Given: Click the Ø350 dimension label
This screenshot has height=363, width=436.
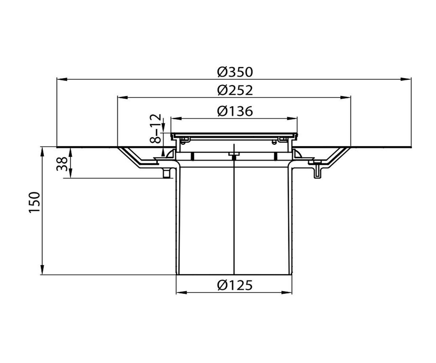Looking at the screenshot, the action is [x=235, y=72].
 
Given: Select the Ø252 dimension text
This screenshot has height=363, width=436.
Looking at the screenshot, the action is [x=235, y=90].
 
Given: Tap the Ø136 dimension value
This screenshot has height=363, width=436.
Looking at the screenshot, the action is [x=235, y=111].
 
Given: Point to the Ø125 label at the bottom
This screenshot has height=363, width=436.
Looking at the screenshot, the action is [x=235, y=285].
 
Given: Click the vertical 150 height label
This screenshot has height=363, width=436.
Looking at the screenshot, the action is [x=35, y=202].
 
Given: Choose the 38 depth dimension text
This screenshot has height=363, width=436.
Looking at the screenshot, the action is [x=62, y=164].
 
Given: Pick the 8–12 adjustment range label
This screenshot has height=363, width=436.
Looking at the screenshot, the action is [x=156, y=128].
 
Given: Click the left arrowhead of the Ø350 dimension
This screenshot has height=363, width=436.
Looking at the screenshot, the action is [x=62, y=79].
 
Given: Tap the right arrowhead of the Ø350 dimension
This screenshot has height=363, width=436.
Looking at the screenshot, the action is [x=406, y=79].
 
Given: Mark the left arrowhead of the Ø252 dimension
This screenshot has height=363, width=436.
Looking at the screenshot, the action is [x=123, y=97].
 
